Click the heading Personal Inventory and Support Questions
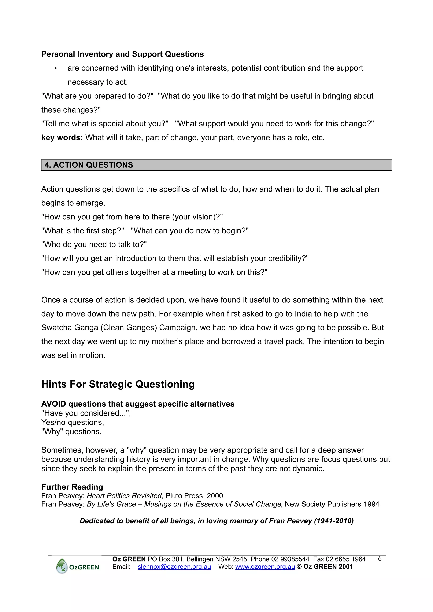point(122,54)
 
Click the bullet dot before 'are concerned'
point(55,68)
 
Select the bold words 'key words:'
point(62,137)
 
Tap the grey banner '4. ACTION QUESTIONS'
point(216,165)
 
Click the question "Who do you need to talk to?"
point(94,244)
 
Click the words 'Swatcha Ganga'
point(70,328)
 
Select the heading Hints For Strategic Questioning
point(118,384)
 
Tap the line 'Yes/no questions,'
point(73,422)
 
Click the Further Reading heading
point(72,487)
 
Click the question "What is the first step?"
point(83,231)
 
